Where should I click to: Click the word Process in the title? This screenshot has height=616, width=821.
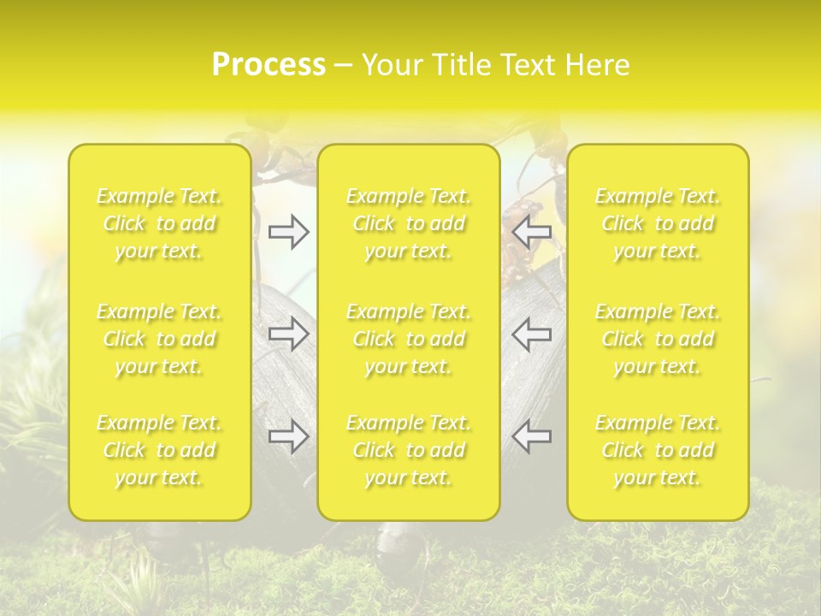click(x=269, y=65)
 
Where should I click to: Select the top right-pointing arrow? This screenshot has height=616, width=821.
click(x=289, y=232)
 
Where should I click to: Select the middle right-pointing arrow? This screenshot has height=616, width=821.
click(x=289, y=334)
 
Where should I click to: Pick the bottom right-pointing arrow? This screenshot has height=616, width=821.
click(x=289, y=436)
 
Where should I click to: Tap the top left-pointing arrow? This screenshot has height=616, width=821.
click(x=531, y=232)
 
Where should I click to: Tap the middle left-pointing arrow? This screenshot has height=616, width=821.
click(x=531, y=334)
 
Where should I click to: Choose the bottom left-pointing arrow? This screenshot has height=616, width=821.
click(x=531, y=436)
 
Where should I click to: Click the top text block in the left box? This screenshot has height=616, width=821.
click(x=159, y=224)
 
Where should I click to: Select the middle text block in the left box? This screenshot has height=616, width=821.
click(x=159, y=339)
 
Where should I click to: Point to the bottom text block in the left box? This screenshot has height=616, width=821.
click(x=159, y=450)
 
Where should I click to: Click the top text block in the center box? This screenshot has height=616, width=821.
click(x=409, y=224)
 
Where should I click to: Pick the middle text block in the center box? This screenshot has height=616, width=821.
click(x=409, y=339)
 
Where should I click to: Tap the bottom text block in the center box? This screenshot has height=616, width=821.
click(x=409, y=450)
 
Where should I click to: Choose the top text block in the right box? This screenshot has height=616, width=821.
click(x=658, y=224)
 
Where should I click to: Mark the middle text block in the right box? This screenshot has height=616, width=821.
click(x=658, y=339)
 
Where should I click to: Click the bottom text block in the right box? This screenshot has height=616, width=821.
click(x=658, y=450)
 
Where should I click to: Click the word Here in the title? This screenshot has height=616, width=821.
click(x=598, y=65)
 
